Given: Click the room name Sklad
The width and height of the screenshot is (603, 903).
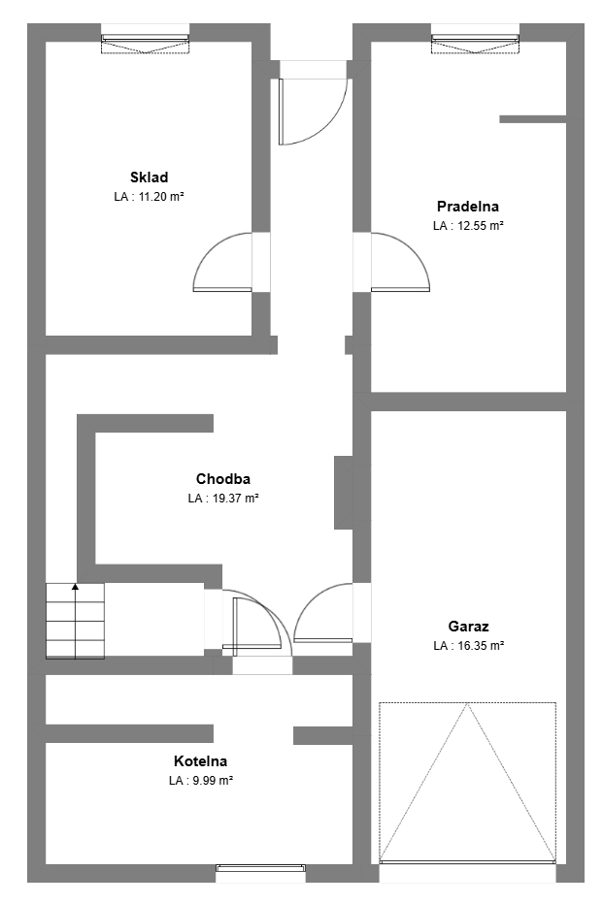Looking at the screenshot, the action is [149, 177].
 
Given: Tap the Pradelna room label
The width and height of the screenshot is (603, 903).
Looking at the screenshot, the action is [467, 207].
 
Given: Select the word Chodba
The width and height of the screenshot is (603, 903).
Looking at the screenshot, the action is [223, 479].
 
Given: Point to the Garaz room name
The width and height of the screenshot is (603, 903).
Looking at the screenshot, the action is [469, 627].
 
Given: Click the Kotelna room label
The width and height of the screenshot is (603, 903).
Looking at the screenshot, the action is [201, 761].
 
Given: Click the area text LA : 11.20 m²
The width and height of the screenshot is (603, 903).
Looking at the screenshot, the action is [149, 196].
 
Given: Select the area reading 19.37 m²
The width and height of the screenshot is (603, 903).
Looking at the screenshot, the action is [235, 499].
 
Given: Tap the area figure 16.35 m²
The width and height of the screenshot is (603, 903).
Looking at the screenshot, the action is [482, 646].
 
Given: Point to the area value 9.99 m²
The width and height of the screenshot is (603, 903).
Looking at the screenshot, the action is [214, 781].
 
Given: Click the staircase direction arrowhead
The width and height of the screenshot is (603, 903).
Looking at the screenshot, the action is [75, 587].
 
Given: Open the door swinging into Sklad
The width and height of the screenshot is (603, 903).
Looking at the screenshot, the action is [222, 262].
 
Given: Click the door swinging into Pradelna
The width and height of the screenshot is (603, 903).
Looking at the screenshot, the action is [401, 262].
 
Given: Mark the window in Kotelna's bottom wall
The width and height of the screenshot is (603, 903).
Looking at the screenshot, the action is [260, 867].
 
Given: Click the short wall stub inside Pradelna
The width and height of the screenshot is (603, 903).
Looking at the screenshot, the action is [533, 119].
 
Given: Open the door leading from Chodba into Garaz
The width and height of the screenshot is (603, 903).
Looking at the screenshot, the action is [322, 613].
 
